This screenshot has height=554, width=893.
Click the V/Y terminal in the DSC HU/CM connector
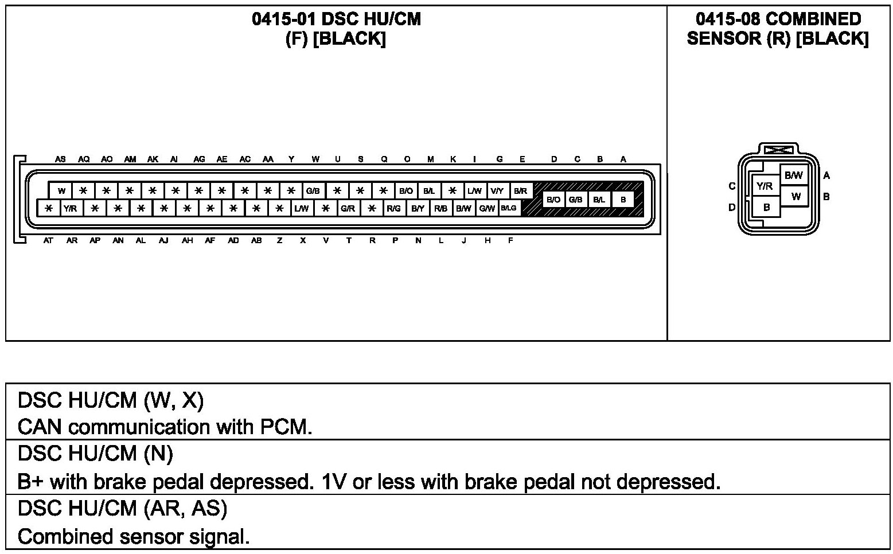497,191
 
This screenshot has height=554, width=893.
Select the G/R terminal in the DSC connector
348,208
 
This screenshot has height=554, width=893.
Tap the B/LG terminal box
509,208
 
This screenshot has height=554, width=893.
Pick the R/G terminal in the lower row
393,208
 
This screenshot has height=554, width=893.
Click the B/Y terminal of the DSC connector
418,208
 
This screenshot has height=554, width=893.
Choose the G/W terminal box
486,208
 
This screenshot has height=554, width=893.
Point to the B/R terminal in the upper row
520,191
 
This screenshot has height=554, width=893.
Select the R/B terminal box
440,208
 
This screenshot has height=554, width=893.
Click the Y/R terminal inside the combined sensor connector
765,186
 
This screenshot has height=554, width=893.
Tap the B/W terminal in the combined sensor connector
794,175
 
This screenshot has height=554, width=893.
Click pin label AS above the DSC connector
60,159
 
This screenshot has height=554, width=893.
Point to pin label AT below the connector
48,241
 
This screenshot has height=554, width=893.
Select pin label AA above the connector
268,159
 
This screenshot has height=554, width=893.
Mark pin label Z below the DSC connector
279,241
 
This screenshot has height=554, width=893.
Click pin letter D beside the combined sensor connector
732,207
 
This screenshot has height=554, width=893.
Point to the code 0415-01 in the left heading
284,19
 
